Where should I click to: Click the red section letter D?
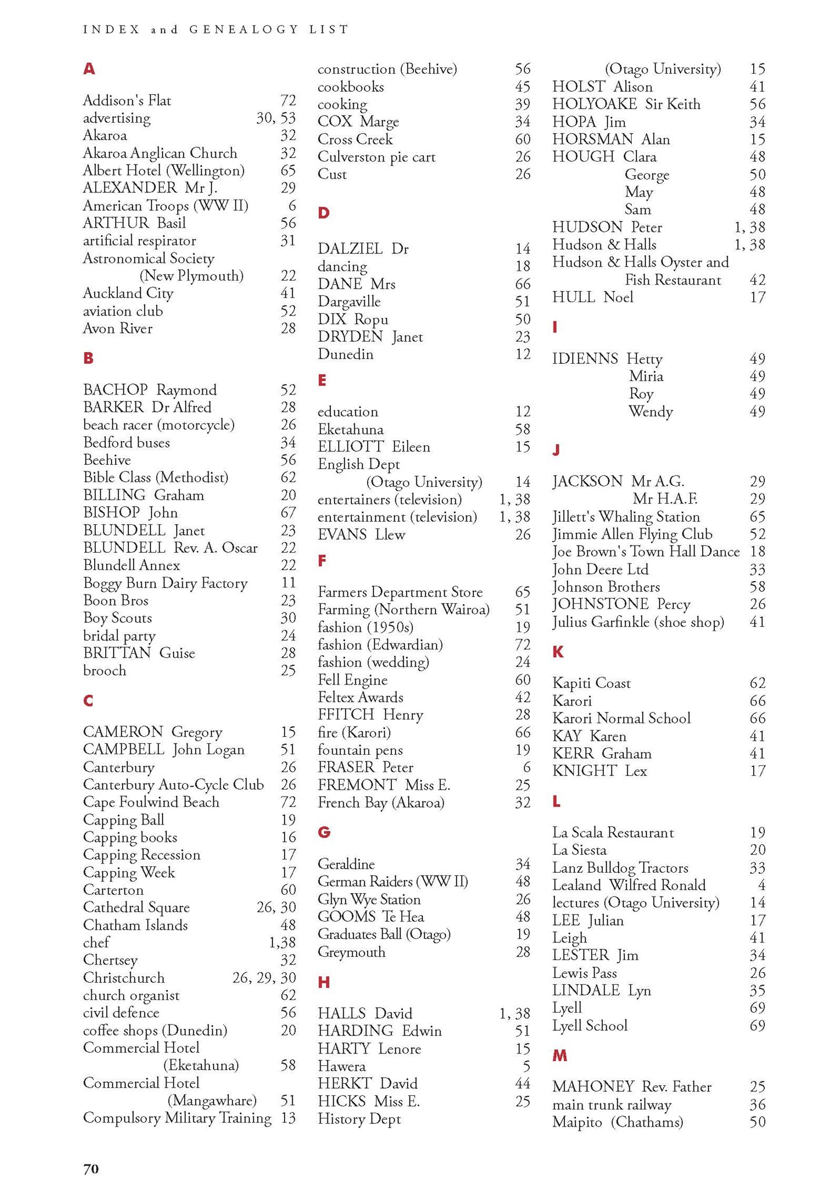click(323, 213)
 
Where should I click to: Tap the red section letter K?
click(558, 652)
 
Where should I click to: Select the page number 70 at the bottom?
click(91, 1169)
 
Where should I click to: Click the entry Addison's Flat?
click(127, 101)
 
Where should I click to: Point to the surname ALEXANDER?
click(129, 188)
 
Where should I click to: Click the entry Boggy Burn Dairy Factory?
click(165, 583)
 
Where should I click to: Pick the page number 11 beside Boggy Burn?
click(288, 583)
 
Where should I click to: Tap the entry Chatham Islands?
click(135, 924)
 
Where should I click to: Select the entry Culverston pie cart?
click(376, 157)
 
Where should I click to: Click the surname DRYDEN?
click(350, 336)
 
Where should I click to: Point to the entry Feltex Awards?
click(360, 697)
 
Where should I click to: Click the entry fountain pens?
click(360, 750)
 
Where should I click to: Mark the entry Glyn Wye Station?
click(369, 899)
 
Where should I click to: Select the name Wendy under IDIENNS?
click(650, 411)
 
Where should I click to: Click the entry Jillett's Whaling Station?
click(626, 517)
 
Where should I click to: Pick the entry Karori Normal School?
click(621, 718)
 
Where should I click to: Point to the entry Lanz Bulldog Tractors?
click(620, 868)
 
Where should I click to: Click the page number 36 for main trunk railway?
click(757, 1105)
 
